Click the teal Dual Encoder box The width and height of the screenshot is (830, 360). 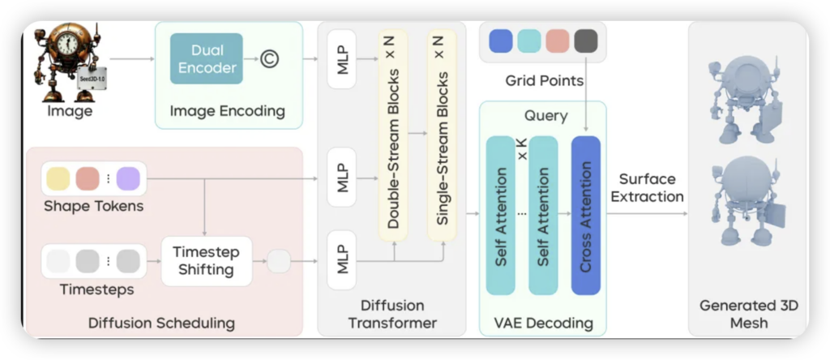[207, 58]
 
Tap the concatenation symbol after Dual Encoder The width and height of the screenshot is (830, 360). [270, 58]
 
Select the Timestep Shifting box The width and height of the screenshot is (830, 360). [206, 261]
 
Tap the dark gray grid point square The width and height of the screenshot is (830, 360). [585, 41]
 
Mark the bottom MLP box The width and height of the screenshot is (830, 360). [342, 260]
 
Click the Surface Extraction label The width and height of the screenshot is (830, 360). [647, 187]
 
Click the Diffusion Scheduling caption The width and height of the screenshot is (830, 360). [161, 324]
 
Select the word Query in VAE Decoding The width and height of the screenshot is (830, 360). [545, 116]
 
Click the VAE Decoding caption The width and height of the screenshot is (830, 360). [543, 324]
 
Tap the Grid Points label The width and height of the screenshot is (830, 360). [543, 80]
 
